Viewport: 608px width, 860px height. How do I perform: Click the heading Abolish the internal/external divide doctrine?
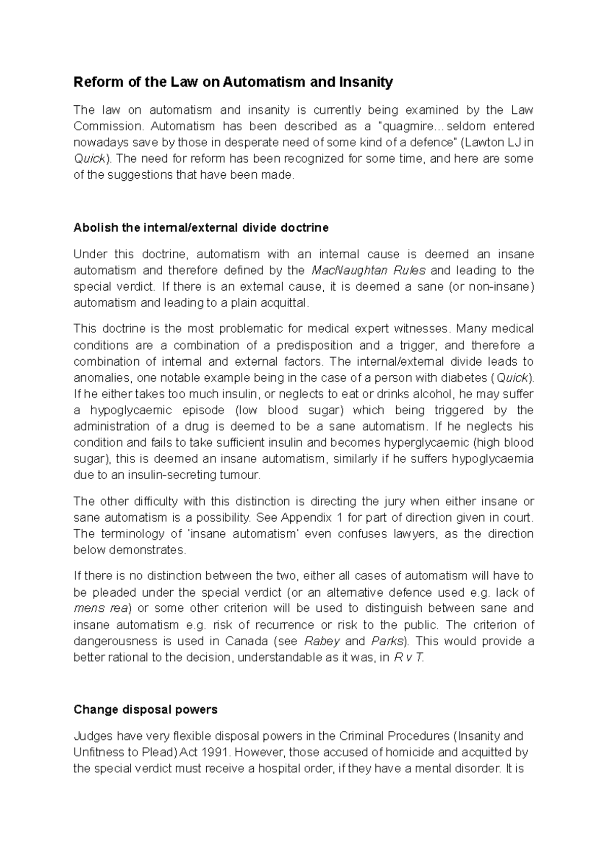(x=201, y=228)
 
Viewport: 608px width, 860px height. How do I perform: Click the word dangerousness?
(x=116, y=641)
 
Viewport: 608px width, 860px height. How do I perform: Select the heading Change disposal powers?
(x=145, y=710)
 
